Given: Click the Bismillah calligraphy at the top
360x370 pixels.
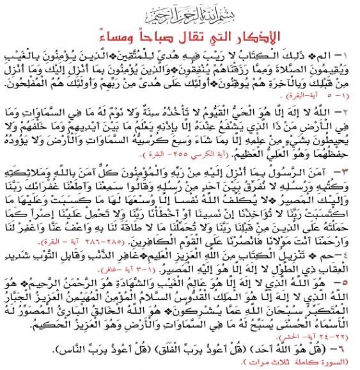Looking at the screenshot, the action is (x=180, y=12).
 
